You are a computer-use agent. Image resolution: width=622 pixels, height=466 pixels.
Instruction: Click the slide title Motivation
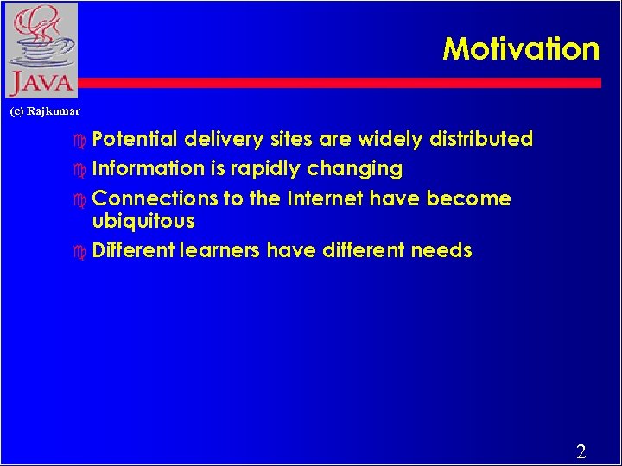[x=521, y=48]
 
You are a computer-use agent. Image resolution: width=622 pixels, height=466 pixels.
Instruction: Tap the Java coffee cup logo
[x=41, y=50]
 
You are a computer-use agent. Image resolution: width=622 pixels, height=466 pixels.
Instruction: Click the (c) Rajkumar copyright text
[x=45, y=111]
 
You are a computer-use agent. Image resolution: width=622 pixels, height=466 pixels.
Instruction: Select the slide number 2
[x=581, y=451]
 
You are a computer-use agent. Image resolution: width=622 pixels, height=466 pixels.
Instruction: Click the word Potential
[x=135, y=139]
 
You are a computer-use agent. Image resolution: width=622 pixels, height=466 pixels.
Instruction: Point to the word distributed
[x=482, y=139]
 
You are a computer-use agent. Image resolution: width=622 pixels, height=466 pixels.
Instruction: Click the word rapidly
[x=261, y=168]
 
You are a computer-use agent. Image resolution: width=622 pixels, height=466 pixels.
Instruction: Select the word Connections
[x=155, y=198]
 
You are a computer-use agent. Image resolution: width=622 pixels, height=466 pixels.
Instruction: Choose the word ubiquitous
[x=143, y=221]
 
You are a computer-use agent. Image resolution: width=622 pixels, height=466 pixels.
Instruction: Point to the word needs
[x=441, y=250]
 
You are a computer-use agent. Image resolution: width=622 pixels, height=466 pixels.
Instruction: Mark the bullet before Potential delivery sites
[x=81, y=140]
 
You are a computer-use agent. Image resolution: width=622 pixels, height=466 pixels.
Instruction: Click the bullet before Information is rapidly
[x=81, y=169]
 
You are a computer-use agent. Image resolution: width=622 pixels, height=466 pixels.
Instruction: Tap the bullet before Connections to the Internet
[x=81, y=199]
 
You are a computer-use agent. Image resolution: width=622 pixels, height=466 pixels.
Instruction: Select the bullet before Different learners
[x=81, y=251]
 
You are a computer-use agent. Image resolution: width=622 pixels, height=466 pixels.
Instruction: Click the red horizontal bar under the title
[x=346, y=83]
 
